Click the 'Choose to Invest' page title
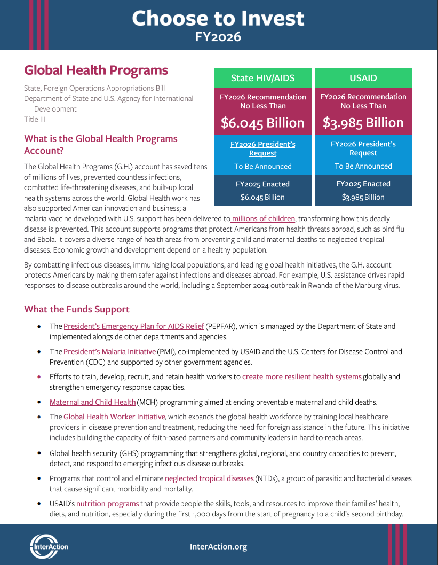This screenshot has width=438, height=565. coord(218,19)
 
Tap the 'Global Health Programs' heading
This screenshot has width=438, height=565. coord(96,70)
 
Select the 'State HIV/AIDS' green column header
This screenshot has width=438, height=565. coord(262,78)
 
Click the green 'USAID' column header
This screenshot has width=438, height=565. coord(363,78)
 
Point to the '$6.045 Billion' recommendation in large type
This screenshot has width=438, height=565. coord(262,123)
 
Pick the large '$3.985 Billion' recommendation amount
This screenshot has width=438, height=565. coord(363,123)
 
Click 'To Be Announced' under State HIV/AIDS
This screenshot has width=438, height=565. coord(262,166)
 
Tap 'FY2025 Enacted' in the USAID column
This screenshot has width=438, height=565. coord(363,184)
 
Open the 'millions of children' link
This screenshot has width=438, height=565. coord(263,218)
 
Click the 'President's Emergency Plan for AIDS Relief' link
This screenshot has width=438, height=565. coord(134,326)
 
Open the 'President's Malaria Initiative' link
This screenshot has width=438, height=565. coord(109,351)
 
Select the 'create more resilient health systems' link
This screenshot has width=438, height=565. coord(302,376)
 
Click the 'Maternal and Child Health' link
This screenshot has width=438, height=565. coord(93,402)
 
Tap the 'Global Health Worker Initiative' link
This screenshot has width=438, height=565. coord(115,417)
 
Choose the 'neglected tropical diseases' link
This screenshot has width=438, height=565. coord(209,478)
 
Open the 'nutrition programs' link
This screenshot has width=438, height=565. coord(107,504)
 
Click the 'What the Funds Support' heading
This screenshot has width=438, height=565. coord(77,309)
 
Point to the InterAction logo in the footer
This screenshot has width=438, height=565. coord(49,546)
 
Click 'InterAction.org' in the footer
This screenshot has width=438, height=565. coord(218,546)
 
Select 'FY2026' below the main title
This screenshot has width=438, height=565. coord(218,37)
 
